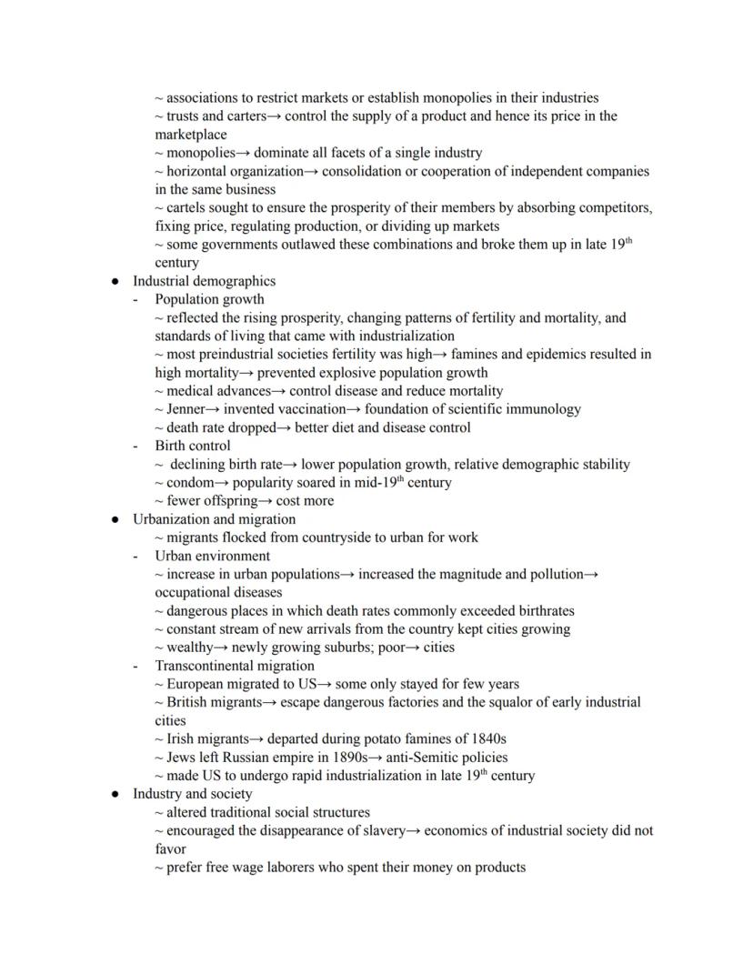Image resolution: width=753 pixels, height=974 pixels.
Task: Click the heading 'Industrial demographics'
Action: point(204,281)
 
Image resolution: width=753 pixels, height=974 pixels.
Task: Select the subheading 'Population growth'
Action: point(209,299)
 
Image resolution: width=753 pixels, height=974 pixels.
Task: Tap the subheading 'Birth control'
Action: point(192,446)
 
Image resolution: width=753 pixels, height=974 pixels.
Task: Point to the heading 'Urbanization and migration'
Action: point(214,519)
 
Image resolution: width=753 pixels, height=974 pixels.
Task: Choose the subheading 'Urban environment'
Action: point(212,556)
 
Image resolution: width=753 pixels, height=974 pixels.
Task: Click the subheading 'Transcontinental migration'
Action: point(235,666)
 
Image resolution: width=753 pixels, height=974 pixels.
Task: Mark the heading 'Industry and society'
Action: point(192,794)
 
